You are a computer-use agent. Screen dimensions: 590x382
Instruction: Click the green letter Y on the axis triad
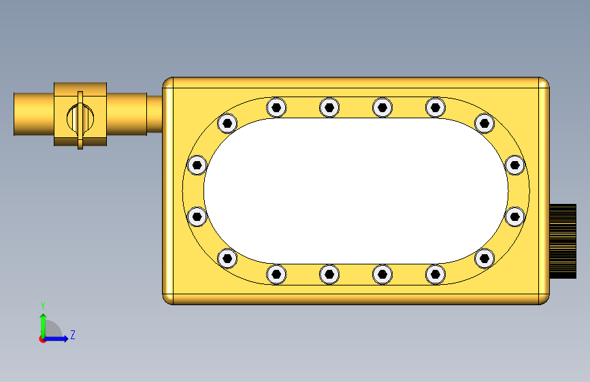(43, 306)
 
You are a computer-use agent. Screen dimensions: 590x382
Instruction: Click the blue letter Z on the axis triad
(73, 334)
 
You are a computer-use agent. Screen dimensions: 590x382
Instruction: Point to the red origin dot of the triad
(42, 339)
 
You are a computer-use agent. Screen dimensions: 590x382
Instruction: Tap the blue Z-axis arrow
(56, 338)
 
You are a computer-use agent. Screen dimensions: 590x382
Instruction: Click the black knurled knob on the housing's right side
(563, 241)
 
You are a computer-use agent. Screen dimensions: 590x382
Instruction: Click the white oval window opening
(356, 191)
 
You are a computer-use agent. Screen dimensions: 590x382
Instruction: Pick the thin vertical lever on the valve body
(80, 120)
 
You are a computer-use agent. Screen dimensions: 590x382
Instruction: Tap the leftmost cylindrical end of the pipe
(34, 114)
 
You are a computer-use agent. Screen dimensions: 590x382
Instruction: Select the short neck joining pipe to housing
(154, 114)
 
